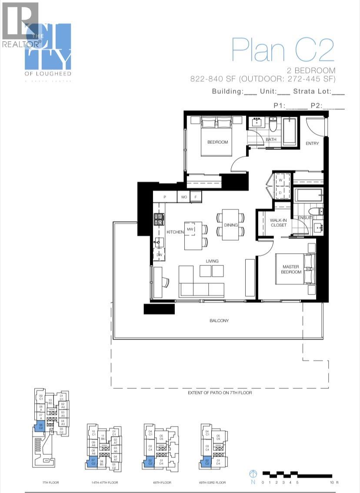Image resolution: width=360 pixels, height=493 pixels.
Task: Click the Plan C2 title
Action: [283, 50]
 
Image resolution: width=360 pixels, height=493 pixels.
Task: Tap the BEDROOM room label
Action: [217, 142]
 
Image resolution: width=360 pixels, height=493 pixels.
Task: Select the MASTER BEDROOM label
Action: [291, 269]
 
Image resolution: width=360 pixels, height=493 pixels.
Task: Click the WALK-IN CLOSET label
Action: [278, 223]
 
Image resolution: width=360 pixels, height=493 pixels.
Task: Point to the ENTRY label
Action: [312, 143]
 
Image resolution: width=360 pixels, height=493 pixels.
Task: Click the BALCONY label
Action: [219, 321]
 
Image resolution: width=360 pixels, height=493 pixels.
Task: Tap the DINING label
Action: [231, 225]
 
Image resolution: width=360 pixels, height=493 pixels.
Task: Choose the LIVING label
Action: [212, 261]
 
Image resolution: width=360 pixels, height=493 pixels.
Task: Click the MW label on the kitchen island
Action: [190, 229]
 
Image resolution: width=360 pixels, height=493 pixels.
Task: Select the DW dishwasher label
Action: [159, 255]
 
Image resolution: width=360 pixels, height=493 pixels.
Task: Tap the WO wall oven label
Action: [184, 197]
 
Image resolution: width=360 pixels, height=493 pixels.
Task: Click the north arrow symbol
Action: [253, 474]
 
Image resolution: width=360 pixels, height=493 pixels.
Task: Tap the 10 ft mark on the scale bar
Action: [333, 482]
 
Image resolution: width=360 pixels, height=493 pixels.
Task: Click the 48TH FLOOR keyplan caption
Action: [160, 483]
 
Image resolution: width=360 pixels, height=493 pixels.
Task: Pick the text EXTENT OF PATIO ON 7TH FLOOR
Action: [220, 393]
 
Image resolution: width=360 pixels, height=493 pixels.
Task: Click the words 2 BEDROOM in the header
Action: [310, 70]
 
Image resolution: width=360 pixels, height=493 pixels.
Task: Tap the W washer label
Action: [280, 179]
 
